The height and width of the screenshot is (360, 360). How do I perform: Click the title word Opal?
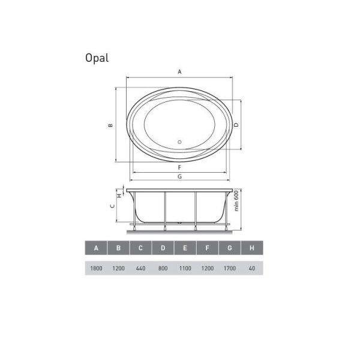coord(97,59)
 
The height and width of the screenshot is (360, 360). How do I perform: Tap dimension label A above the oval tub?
coord(179,72)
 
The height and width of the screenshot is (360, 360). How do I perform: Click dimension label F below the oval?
coord(179,167)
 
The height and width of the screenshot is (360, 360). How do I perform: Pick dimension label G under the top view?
coord(179,176)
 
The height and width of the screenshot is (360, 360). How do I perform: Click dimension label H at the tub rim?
coord(119,195)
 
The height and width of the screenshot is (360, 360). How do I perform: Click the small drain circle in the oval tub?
coord(179,142)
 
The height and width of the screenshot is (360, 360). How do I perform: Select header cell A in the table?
coord(96,248)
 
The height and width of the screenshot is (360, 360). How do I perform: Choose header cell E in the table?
coord(185,248)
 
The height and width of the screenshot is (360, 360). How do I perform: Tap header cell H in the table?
coord(251,248)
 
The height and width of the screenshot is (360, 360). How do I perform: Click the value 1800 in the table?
coord(96,268)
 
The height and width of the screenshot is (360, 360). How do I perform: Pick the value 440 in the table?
coord(140,268)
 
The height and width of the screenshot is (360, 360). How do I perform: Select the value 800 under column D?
coord(163,268)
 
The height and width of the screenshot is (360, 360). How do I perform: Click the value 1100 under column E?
coord(185,268)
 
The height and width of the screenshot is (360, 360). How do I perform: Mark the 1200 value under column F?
coord(207,268)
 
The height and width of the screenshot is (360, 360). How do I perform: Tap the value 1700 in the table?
coord(229,268)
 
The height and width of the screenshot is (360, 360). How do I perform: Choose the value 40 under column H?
coord(251,268)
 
